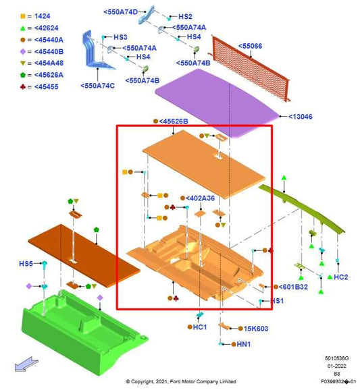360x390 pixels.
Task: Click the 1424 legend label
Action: (42, 16)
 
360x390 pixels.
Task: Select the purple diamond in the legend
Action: (23, 52)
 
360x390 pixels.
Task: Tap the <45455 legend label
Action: (47, 87)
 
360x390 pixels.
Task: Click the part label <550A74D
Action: (120, 12)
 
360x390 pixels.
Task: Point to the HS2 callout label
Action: (185, 17)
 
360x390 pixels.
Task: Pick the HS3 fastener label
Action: (120, 37)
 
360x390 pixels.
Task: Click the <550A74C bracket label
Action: (97, 86)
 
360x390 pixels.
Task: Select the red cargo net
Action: (250, 68)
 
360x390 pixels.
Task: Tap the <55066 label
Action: (250, 46)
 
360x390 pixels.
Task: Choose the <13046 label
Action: (301, 117)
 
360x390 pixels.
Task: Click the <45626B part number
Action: (174, 121)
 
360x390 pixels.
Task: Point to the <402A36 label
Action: (200, 198)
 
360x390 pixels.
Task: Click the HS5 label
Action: (26, 263)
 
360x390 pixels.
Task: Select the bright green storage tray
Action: (84, 331)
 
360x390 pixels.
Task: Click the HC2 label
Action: (340, 277)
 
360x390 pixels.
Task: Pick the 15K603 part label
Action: (256, 329)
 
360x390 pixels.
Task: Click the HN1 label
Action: (243, 344)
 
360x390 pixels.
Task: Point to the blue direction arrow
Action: (26, 364)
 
